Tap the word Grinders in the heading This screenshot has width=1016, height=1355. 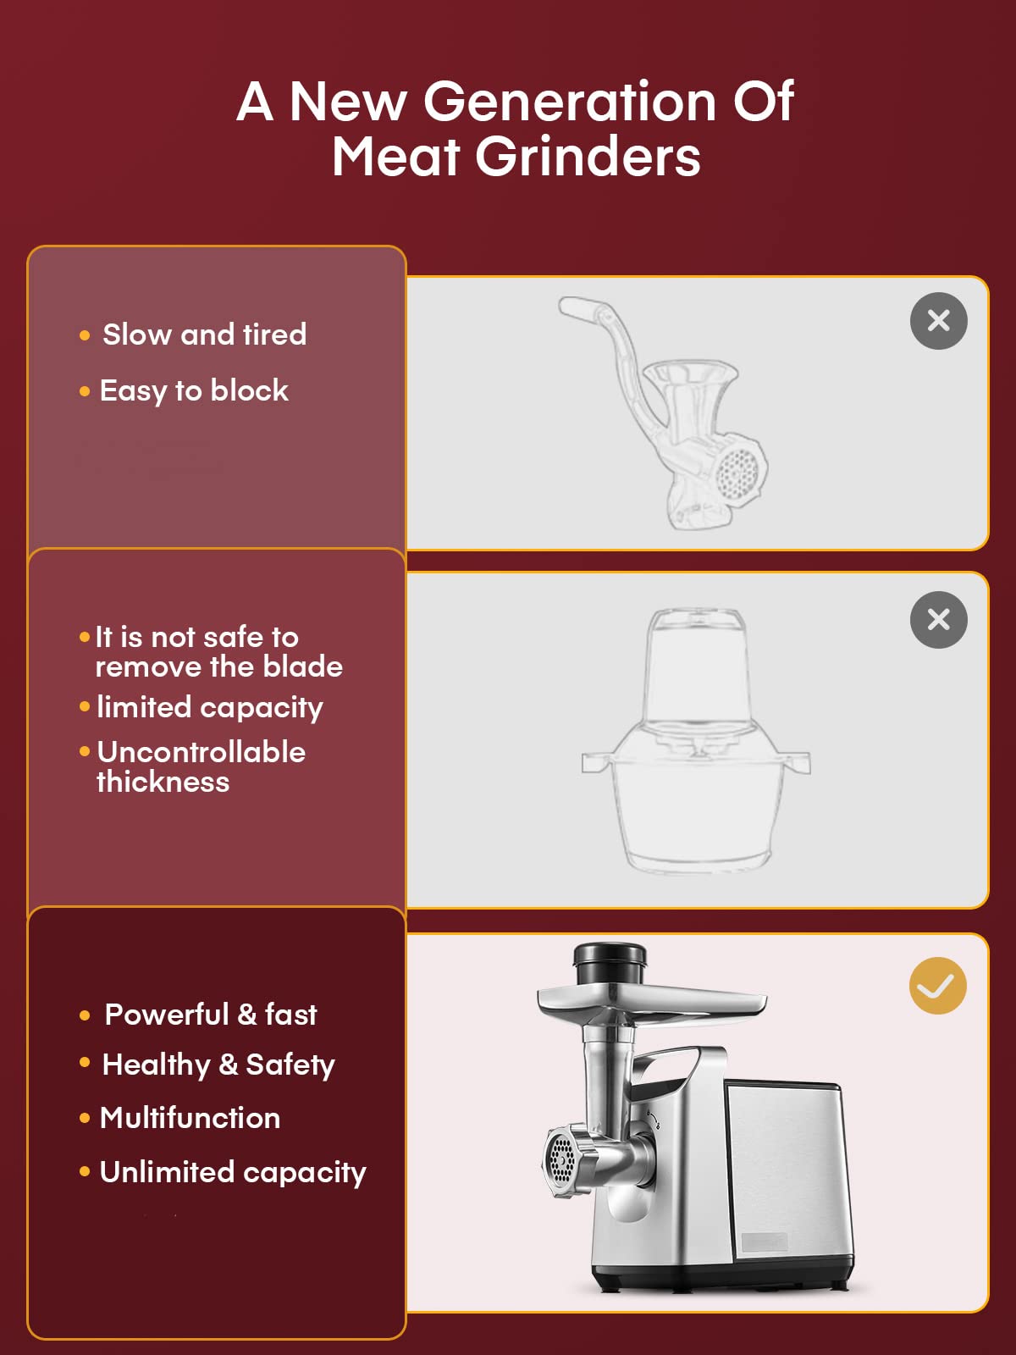[x=588, y=158]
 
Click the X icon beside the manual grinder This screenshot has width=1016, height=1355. [x=938, y=321]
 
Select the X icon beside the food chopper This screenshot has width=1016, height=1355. [x=938, y=620]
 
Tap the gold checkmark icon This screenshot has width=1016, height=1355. [x=937, y=986]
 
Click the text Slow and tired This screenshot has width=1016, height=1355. [x=204, y=335]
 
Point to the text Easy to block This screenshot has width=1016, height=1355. [x=194, y=390]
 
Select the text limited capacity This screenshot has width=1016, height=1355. [x=209, y=707]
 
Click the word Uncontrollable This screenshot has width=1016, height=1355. [x=201, y=752]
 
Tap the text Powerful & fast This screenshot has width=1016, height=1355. [x=210, y=1014]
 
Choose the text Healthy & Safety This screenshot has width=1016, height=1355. [x=218, y=1065]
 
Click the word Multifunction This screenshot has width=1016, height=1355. [x=190, y=1118]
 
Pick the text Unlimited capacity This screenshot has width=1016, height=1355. [x=233, y=1172]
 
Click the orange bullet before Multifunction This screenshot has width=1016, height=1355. [x=85, y=1118]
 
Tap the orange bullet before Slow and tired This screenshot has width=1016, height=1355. [x=85, y=335]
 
